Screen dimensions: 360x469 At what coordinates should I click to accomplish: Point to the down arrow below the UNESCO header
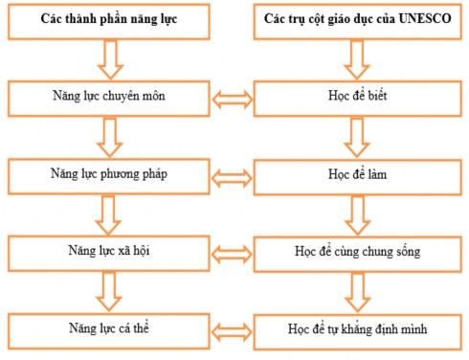(354, 59)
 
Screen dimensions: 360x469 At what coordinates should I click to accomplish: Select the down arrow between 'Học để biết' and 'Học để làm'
(354, 136)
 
